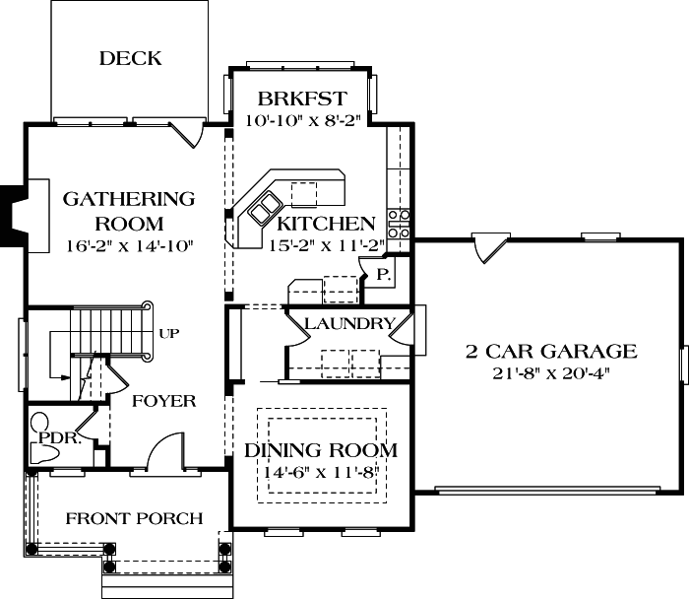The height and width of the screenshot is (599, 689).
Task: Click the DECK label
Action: coord(130,59)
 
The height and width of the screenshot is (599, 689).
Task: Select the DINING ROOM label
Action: coord(321,451)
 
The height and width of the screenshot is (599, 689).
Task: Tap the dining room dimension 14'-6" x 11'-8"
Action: coord(321,473)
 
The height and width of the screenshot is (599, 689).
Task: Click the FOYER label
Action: coord(163,401)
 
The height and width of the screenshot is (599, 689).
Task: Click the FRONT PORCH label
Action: coord(134,518)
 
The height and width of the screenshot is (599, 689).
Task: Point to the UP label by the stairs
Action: coord(168,334)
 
